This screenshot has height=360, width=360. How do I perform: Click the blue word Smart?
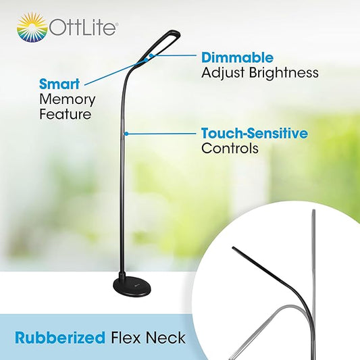[x=59, y=84]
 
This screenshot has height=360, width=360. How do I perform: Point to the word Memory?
[x=67, y=99]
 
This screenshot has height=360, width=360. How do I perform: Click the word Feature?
[x=65, y=114]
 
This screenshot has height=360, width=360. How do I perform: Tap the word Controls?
[x=230, y=148]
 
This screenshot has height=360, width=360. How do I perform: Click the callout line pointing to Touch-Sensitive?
[x=161, y=133]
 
